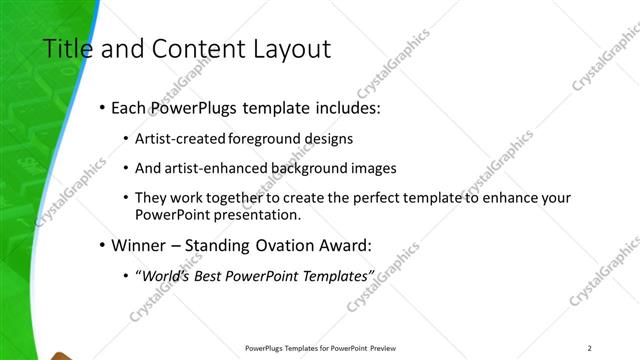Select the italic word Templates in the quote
click(336, 275)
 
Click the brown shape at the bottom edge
click(60, 355)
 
